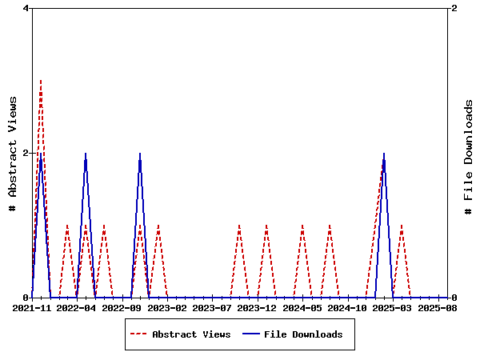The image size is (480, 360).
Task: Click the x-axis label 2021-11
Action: [33, 307]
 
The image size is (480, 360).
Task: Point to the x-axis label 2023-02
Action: [167, 307]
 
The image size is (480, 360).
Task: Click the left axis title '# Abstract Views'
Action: [12, 153]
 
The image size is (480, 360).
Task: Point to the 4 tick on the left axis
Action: [26, 8]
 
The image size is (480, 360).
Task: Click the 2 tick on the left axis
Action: [26, 153]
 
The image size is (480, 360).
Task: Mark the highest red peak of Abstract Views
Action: [41, 80]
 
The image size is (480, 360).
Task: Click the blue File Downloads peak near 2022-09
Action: [140, 153]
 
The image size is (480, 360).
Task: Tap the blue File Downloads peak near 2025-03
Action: [384, 153]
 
